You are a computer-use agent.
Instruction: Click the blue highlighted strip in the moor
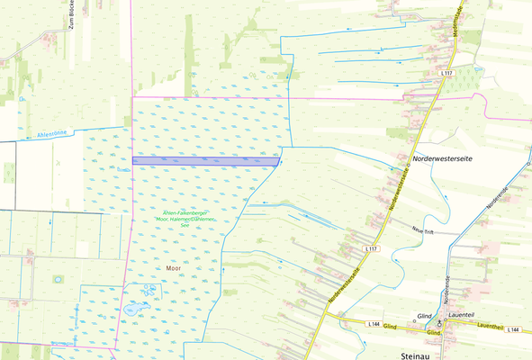click(205, 160)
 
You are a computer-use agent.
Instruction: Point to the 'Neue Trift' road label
click(425, 231)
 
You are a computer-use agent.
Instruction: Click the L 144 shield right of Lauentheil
click(514, 330)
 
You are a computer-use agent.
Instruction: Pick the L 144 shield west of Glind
click(374, 323)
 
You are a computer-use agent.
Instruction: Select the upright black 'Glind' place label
click(424, 316)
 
